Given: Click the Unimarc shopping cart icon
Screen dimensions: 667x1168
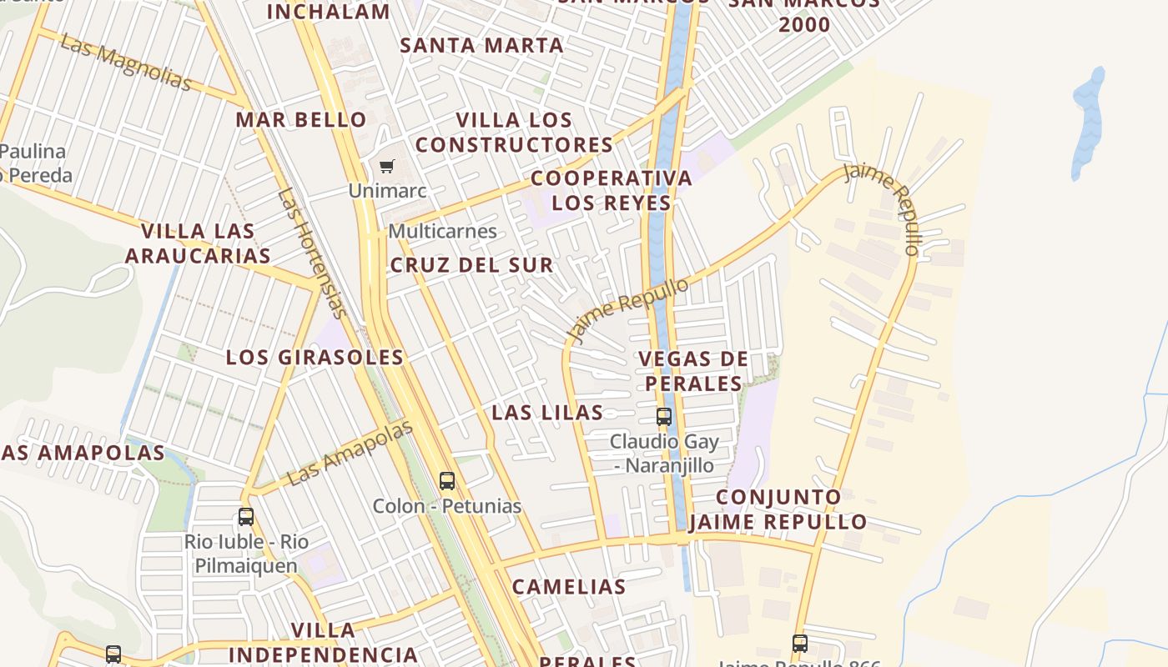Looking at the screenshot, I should pyautogui.click(x=386, y=167).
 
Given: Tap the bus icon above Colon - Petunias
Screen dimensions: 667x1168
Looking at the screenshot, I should pyautogui.click(x=447, y=480).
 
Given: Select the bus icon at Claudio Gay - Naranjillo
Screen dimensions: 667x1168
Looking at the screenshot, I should pyautogui.click(x=664, y=416).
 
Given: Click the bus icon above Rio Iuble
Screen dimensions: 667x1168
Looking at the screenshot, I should pyautogui.click(x=246, y=516).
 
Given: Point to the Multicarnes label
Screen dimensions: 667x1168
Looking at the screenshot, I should pyautogui.click(x=442, y=231).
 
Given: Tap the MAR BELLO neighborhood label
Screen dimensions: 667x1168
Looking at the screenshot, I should pyautogui.click(x=301, y=119).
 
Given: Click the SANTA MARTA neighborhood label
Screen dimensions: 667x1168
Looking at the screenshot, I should pyautogui.click(x=481, y=45).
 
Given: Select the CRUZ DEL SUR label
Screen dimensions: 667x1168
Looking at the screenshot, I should pyautogui.click(x=471, y=265).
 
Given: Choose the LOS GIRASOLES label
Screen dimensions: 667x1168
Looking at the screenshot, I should pyautogui.click(x=315, y=357).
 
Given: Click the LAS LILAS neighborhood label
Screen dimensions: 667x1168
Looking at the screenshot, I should pyautogui.click(x=547, y=412).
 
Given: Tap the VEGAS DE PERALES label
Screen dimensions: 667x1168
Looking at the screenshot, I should pyautogui.click(x=693, y=371).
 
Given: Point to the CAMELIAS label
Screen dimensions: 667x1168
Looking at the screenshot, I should pyautogui.click(x=569, y=586).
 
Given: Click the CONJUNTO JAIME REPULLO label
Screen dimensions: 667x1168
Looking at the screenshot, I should pyautogui.click(x=778, y=509).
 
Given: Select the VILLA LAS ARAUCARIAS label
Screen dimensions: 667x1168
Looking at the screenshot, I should pyautogui.click(x=198, y=243).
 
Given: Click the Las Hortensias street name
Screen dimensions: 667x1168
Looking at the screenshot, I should pyautogui.click(x=311, y=253).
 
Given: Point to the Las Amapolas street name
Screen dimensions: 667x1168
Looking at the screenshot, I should pyautogui.click(x=350, y=454).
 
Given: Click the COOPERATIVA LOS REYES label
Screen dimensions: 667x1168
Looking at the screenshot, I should pyautogui.click(x=612, y=190).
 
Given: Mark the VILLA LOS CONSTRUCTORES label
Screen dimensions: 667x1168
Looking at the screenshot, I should pyautogui.click(x=515, y=132).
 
